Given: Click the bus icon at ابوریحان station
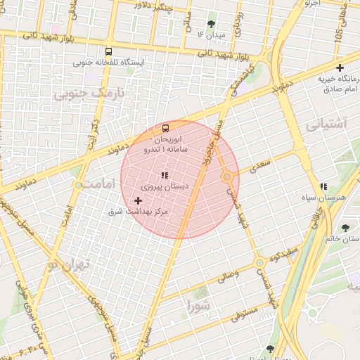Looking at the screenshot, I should click(x=165, y=128).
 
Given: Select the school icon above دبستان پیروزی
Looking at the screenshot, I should click(x=165, y=175).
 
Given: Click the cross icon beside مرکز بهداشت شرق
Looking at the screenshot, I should click(x=137, y=201).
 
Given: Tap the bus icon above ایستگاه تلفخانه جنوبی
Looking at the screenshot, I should click(x=108, y=51).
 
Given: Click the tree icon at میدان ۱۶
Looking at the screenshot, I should click(x=212, y=24).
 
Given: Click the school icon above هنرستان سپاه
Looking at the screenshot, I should click(x=323, y=186).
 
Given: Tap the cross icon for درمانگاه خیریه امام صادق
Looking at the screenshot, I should click(x=340, y=68).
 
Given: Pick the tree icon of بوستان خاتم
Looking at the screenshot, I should click(x=345, y=227).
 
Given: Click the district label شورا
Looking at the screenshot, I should click(x=199, y=305).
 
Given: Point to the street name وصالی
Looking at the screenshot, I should click(x=227, y=277).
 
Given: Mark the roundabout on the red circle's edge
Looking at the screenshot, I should click(x=228, y=177).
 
